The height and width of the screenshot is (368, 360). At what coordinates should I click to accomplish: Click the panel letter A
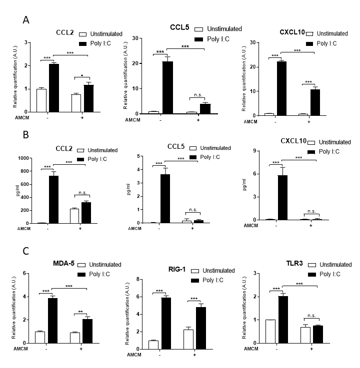tap(27, 19)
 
